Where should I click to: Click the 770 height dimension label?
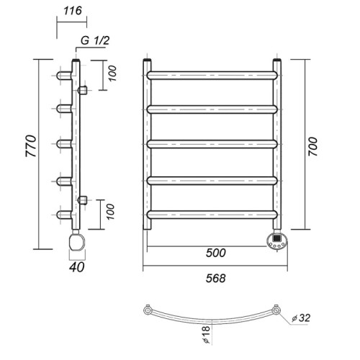tap(31, 146)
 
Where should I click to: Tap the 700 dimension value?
tap(312, 147)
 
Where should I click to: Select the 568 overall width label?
tap(216, 279)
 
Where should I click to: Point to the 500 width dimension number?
tap(216, 253)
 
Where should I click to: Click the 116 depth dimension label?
tap(72, 11)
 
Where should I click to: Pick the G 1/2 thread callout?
tap(95, 40)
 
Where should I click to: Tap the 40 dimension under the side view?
tap(77, 267)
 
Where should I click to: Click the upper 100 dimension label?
tap(112, 73)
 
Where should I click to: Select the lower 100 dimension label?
tap(110, 212)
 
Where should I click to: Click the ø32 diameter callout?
tap(301, 318)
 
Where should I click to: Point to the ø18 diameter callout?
tap(206, 335)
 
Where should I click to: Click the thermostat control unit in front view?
tap(277, 240)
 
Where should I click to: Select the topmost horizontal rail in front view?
tap(212, 76)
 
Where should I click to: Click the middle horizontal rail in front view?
tap(212, 144)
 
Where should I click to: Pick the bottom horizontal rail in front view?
tap(212, 215)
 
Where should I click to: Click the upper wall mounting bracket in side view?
tap(83, 90)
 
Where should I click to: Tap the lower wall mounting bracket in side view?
tap(83, 200)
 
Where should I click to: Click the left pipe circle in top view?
tap(147, 310)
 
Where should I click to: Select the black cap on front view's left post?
tap(147, 60)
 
